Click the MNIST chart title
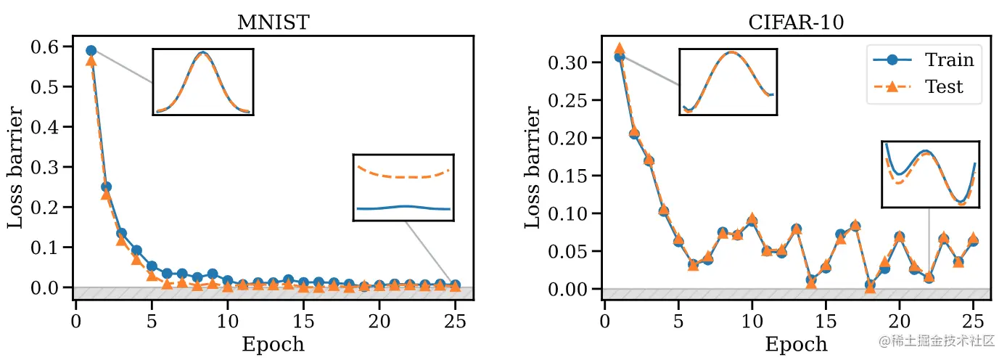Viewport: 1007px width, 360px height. point(273,22)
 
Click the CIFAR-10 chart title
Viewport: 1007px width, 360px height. point(796,22)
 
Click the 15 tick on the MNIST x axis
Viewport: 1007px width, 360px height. point(303,319)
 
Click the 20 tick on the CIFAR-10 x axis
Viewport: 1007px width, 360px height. point(900,319)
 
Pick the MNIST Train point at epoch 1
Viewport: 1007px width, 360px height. point(91,51)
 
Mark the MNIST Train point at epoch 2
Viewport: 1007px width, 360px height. point(106,187)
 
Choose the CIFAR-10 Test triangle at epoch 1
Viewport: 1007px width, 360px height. point(619,49)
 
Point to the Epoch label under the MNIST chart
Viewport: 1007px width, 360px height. point(273,344)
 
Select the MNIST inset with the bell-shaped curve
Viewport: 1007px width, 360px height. point(202,81)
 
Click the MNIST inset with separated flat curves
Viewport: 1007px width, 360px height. point(403,187)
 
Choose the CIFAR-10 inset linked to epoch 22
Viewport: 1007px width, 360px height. point(930,174)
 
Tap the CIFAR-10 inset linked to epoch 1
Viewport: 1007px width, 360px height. point(728,81)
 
